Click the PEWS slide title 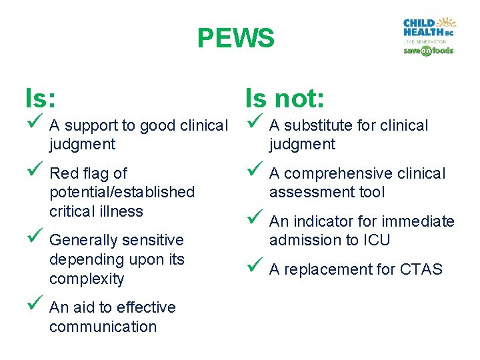click(x=235, y=39)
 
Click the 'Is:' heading click(x=40, y=99)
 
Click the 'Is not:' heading click(x=285, y=99)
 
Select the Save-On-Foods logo click(x=428, y=51)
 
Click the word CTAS click(x=421, y=269)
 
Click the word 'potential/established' click(x=122, y=192)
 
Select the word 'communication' click(x=103, y=327)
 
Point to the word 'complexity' click(x=87, y=279)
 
